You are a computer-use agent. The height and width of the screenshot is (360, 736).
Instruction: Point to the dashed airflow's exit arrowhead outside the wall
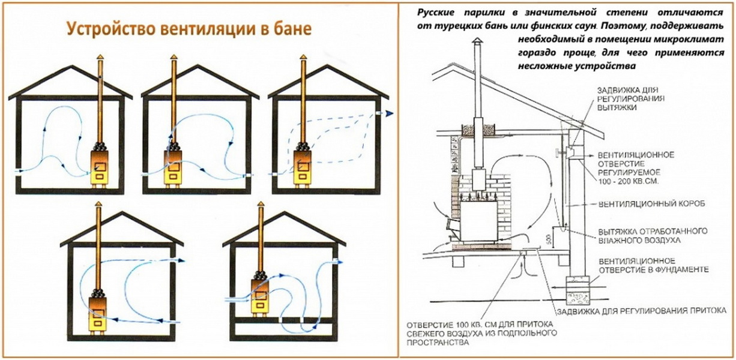[x=389, y=112]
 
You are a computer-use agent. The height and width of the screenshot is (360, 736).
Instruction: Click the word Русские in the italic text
[x=433, y=11]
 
